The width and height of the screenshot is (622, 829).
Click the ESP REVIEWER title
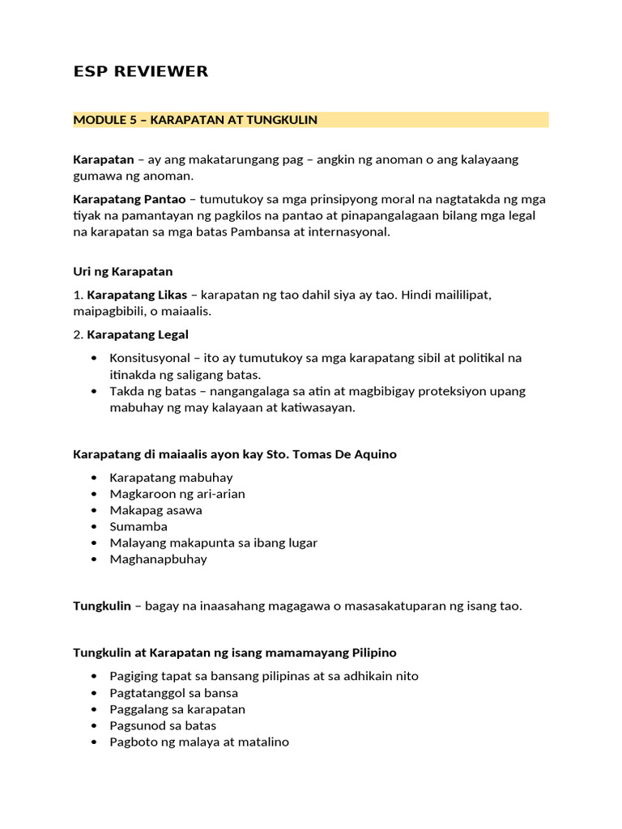click(x=140, y=71)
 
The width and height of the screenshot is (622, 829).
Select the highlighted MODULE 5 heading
click(x=195, y=120)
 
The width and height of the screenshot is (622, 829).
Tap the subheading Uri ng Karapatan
click(x=122, y=271)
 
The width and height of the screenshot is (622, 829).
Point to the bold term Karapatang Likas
click(x=137, y=295)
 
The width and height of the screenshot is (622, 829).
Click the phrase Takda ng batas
click(x=150, y=391)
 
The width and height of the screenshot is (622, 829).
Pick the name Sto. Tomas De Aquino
click(x=331, y=454)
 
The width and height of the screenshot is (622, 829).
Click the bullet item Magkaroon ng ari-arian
click(x=177, y=494)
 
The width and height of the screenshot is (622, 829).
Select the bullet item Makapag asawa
click(x=155, y=510)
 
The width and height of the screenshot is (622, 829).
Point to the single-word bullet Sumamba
click(x=138, y=526)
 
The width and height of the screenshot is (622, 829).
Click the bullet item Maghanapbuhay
click(x=158, y=559)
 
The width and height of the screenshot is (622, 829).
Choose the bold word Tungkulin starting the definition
click(x=102, y=606)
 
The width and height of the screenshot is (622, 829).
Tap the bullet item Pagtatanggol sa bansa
click(x=173, y=693)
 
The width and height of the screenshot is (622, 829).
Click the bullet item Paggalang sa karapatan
click(x=177, y=709)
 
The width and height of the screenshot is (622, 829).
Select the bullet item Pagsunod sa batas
click(x=164, y=725)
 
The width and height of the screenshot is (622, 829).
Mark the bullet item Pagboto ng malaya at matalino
click(x=199, y=742)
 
